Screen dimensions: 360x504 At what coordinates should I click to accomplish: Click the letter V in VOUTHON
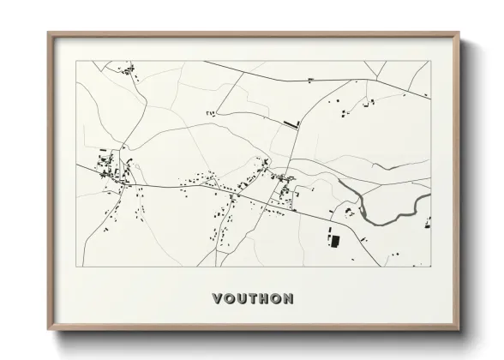pos(217,299)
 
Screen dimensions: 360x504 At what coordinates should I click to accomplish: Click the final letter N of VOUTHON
pos(290,299)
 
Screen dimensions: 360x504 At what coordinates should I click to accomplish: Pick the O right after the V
pos(229,299)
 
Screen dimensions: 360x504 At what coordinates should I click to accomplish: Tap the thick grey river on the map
pos(377,217)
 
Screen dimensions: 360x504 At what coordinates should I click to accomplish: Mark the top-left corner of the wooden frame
pos(49,33)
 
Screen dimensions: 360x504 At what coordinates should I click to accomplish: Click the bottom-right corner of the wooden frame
pos(459,333)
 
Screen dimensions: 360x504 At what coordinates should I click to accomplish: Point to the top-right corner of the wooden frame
pos(459,33)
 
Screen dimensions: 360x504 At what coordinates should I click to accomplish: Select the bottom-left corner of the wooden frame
pos(49,333)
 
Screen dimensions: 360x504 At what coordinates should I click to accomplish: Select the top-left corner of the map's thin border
pos(77,61)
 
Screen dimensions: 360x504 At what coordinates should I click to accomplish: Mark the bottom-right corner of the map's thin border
pos(431,268)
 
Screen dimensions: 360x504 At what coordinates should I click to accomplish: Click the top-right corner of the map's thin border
pos(431,61)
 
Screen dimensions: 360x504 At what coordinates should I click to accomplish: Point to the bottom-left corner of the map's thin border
pos(77,268)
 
